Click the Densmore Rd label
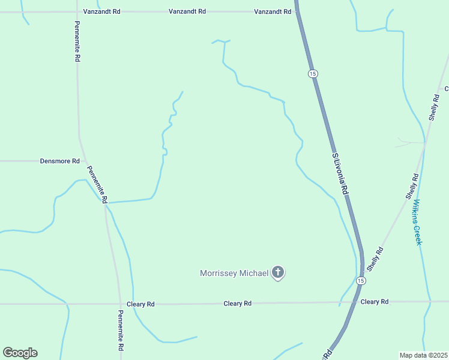[59, 161]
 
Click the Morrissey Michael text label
[234, 274]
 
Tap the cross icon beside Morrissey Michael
[277, 273]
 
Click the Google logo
[20, 353]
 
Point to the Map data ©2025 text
[424, 355]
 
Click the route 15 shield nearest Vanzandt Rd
[312, 73]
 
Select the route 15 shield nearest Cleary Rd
[360, 281]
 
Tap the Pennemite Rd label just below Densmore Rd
[97, 184]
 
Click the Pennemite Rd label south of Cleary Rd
[121, 331]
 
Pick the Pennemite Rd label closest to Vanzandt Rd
[77, 43]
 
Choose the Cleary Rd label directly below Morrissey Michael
[237, 304]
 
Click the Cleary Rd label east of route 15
[375, 302]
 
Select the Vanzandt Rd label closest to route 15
[272, 11]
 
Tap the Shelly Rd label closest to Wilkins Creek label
[412, 187]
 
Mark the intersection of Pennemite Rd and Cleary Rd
[118, 304]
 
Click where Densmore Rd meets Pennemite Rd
[82, 161]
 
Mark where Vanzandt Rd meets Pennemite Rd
[77, 11]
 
